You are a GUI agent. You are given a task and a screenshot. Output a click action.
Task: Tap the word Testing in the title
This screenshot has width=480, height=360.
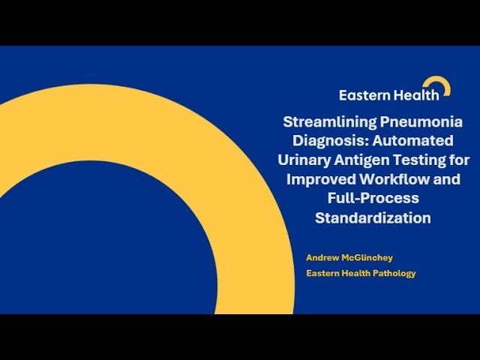(x=424, y=160)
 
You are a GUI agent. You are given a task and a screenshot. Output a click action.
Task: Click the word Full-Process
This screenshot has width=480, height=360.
(x=373, y=199)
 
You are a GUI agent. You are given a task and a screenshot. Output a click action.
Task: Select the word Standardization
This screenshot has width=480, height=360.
(x=373, y=219)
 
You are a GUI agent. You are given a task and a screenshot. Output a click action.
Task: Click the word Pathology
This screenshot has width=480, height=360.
(x=393, y=273)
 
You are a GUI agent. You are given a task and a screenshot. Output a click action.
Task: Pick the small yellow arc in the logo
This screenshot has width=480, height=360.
(x=439, y=85)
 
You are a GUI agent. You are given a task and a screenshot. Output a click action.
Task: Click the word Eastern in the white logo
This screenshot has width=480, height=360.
(x=362, y=95)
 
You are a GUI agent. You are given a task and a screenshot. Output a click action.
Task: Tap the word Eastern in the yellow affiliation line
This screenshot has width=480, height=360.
(x=323, y=273)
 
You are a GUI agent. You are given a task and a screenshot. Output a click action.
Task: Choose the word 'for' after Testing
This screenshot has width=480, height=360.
(x=460, y=160)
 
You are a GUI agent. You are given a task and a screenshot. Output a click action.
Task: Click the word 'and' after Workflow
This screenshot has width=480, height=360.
(x=448, y=180)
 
